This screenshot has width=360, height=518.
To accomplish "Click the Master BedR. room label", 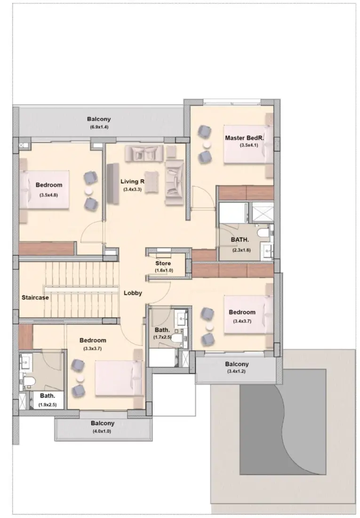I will tap(244, 138).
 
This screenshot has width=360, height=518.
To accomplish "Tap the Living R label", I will tap(132, 181).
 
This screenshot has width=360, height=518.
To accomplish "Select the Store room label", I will tap(163, 263).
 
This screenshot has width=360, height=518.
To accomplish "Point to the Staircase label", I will tap(35, 298).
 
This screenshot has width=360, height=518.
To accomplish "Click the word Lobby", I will tap(133, 293).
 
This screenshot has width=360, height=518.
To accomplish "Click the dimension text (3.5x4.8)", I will tap(48, 194).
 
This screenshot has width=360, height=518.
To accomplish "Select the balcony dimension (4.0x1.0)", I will tap(102, 431).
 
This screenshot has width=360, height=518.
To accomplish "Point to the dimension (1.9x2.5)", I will tap(48, 404).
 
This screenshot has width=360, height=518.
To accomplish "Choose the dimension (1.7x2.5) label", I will tap(162, 338).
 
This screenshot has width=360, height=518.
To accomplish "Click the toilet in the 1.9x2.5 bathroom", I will tap(28, 380).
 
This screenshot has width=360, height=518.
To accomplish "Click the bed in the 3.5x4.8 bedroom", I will tap(45, 190).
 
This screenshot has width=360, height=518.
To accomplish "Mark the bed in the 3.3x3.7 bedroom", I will tap(119, 378).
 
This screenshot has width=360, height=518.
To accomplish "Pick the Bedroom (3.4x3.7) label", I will tap(242, 312).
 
